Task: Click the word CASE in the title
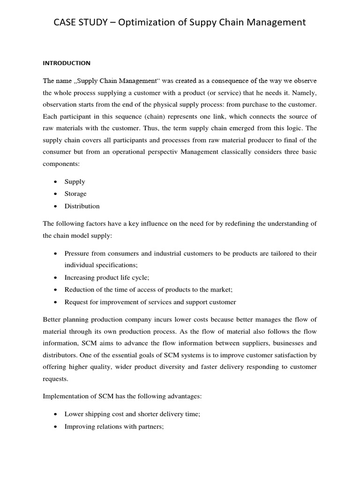tap(67, 22)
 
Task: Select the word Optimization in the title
tap(151, 22)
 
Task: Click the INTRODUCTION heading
tap(67, 63)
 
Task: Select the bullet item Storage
tap(75, 194)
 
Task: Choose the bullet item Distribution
tap(82, 206)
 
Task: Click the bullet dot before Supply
tap(56, 182)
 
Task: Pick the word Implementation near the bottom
tap(65, 396)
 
